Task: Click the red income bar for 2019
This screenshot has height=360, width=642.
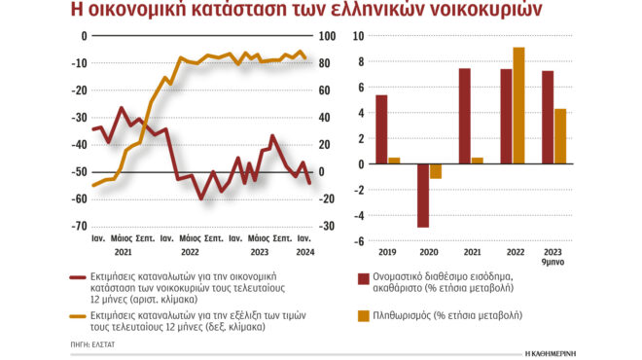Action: [x=381, y=129]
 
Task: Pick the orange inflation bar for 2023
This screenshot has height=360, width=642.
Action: [x=560, y=136]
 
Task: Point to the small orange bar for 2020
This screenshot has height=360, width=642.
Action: [x=436, y=171]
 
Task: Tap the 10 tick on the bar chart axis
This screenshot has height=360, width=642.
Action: [x=358, y=37]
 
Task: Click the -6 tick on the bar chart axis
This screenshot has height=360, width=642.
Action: [x=358, y=241]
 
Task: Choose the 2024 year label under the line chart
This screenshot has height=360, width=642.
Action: [x=304, y=251]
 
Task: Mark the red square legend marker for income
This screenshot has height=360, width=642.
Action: [x=363, y=279]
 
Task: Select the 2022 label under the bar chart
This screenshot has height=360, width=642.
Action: [x=513, y=251]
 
